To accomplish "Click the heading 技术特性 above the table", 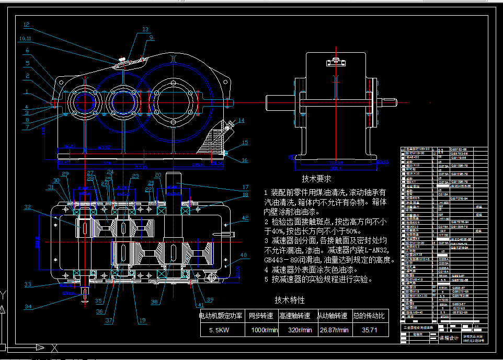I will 290,300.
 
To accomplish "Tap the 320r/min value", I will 300,330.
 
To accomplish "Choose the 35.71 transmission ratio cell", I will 369,330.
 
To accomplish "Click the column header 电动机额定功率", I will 221,316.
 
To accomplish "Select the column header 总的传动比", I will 369,316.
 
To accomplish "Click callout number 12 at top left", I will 27,25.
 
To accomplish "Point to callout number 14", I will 241,121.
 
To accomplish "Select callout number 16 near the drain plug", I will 244,160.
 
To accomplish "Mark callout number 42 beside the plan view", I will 245,218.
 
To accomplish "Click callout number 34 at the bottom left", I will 28,306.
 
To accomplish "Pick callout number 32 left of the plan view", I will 28,207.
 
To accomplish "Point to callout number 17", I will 245,187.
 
